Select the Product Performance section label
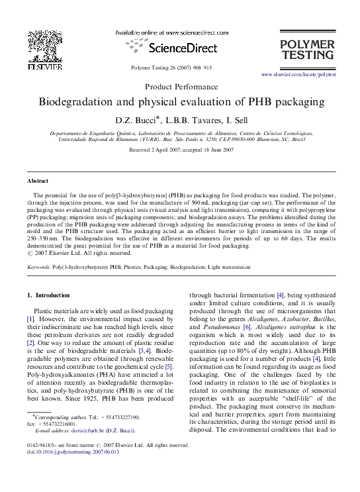pyautogui.click(x=180, y=87)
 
